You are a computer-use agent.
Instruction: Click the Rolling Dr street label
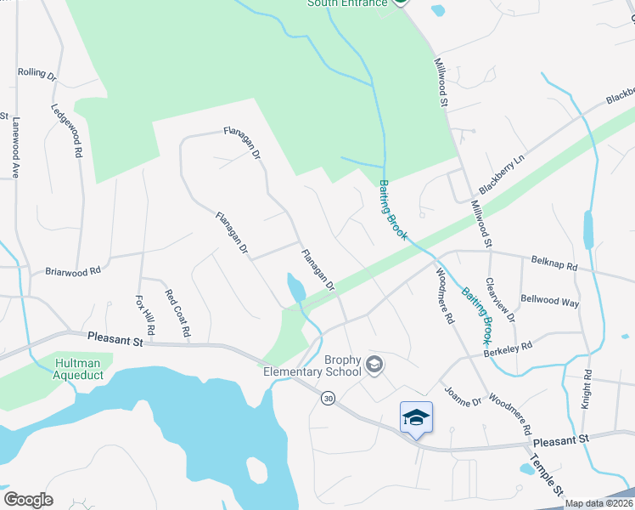(x=37, y=74)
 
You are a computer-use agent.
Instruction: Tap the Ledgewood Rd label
(x=66, y=132)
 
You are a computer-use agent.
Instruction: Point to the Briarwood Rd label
(x=72, y=271)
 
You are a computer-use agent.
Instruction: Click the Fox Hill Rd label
(x=145, y=314)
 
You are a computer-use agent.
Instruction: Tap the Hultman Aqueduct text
(x=78, y=368)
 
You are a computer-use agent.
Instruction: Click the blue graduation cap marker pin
(x=416, y=418)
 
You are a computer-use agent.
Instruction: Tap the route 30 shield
(x=327, y=397)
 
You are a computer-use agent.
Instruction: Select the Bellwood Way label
(x=549, y=302)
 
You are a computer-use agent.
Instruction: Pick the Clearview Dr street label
(x=500, y=299)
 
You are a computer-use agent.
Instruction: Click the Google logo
(x=28, y=500)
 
